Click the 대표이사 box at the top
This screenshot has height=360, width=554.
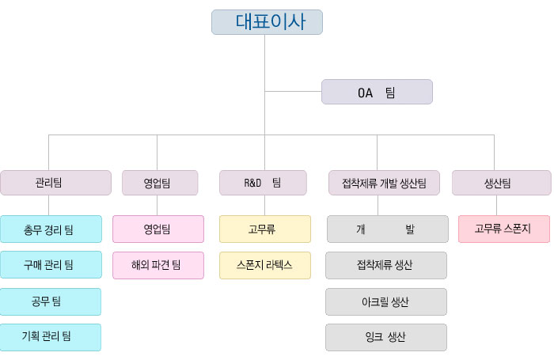(267, 22)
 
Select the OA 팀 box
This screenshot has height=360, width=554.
(377, 92)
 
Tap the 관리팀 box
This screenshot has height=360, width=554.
(56, 183)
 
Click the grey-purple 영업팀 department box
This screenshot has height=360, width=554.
(160, 183)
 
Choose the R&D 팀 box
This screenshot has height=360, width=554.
(263, 183)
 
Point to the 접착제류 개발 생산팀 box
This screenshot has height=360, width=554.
(384, 183)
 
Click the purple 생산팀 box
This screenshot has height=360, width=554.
(501, 183)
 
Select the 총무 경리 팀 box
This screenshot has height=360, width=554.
(51, 229)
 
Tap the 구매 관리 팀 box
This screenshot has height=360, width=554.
(51, 264)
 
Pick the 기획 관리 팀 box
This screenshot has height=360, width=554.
(51, 337)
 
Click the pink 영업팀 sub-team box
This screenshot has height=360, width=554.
(158, 229)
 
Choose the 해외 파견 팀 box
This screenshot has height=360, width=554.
(158, 265)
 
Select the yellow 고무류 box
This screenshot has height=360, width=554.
(265, 229)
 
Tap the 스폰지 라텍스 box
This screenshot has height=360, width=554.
(265, 265)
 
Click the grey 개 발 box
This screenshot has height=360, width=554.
(388, 229)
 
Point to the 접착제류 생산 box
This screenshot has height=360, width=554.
(386, 265)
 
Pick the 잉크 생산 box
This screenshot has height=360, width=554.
(386, 337)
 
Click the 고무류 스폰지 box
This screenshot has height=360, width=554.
(504, 229)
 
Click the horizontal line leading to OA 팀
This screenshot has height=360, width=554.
(293, 92)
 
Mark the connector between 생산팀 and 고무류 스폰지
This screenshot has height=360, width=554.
(496, 205)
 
